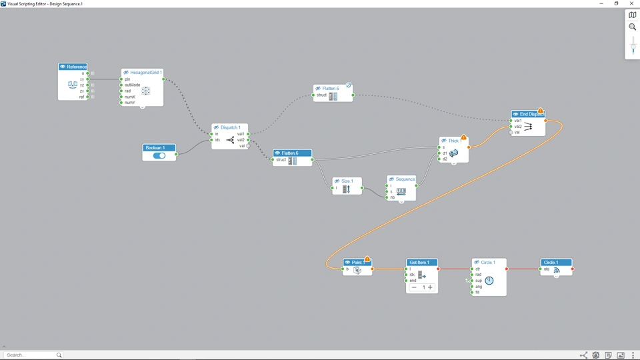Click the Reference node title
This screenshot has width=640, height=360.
click(76, 67)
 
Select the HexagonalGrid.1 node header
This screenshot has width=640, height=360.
click(145, 72)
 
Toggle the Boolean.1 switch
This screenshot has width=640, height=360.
click(159, 155)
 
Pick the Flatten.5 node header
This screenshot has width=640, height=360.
click(330, 88)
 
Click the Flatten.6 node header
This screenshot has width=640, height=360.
click(289, 153)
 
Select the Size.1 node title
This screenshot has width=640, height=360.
click(347, 181)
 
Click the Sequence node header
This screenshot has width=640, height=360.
click(405, 179)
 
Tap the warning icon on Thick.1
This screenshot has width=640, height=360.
click(463, 137)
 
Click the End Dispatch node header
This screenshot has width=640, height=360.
click(531, 114)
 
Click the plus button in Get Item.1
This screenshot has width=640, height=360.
click(430, 287)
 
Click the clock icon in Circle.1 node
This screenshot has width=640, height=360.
click(489, 281)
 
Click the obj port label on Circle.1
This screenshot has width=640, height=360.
click(547, 269)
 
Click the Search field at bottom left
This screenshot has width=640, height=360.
click(30, 355)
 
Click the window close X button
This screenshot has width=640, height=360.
click(632, 3)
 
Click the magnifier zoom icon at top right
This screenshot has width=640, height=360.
click(632, 27)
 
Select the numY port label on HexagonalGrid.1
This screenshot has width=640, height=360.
click(129, 103)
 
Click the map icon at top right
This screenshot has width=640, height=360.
click(632, 15)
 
